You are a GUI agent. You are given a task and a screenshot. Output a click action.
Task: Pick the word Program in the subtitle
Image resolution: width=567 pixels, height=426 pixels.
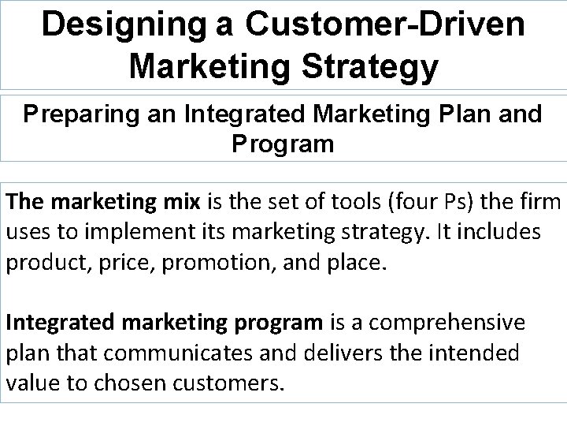tap(283, 144)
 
